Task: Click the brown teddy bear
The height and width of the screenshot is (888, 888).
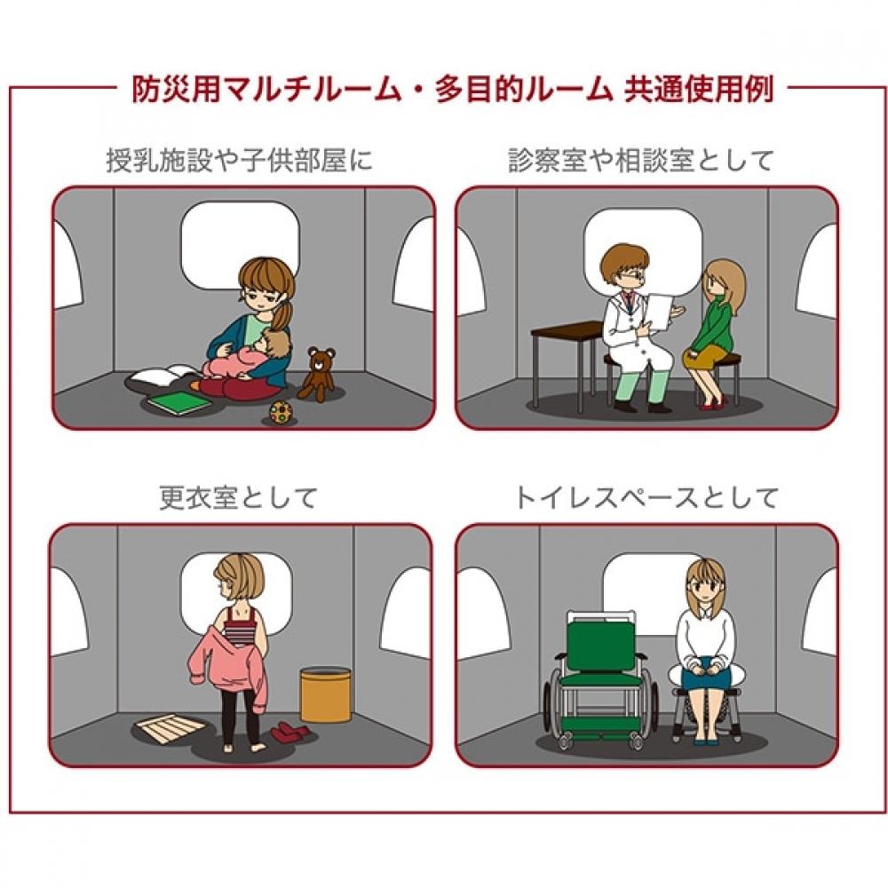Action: (x=317, y=375)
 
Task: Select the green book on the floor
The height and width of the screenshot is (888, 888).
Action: (x=180, y=402)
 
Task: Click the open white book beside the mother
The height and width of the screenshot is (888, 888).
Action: (x=164, y=374)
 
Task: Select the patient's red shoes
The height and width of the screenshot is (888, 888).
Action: (x=714, y=402)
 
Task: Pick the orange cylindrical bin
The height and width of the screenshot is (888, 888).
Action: (x=326, y=694)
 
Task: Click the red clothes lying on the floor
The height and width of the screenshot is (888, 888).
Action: (x=289, y=733)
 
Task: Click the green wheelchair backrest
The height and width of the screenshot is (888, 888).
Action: (x=601, y=646)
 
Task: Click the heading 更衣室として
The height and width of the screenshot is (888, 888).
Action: (x=238, y=498)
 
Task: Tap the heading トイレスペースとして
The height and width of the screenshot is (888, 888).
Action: (x=646, y=498)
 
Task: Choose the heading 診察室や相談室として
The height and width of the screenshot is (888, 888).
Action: (x=640, y=161)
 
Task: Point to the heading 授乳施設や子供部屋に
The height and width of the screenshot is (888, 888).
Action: (x=239, y=161)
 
